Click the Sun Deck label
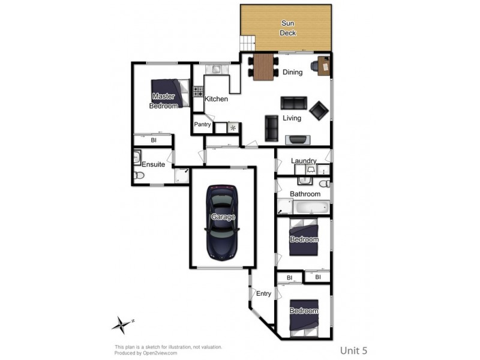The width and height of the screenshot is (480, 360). (x=288, y=28)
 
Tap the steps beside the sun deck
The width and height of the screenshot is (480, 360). (x=247, y=43)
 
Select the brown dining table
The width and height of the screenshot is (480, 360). (x=263, y=67)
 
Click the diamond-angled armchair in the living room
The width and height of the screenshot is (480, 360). (x=319, y=110)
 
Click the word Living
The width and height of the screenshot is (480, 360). (x=292, y=118)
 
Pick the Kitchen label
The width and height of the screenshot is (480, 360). (x=216, y=99)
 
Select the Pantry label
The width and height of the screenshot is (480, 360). (x=202, y=125)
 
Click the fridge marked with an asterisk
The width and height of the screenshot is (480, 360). (x=233, y=128)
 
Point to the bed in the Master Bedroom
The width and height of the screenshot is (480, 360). (x=168, y=94)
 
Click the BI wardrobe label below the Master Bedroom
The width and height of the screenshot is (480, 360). (x=154, y=140)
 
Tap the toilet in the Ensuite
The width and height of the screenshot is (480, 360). (x=139, y=176)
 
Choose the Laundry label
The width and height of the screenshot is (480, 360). (x=304, y=161)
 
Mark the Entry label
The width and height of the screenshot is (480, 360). (x=263, y=294)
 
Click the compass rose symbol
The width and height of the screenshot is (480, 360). (x=121, y=325)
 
